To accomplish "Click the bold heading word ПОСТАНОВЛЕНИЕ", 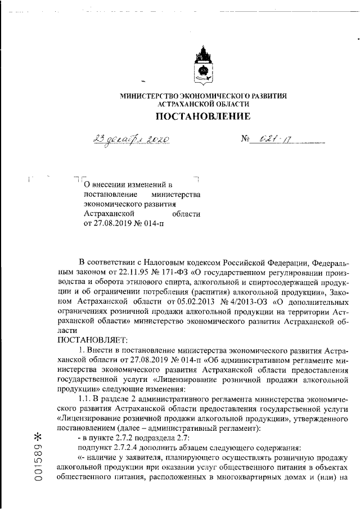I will coord(202,117).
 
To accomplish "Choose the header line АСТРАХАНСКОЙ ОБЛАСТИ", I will coord(202,105).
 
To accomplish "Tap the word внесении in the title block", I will coord(112,184).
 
